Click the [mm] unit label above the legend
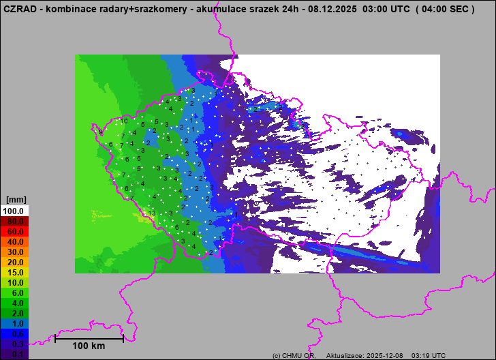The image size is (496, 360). click(16, 200)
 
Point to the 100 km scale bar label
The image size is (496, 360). click(89, 346)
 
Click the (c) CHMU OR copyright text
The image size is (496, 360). click(294, 356)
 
